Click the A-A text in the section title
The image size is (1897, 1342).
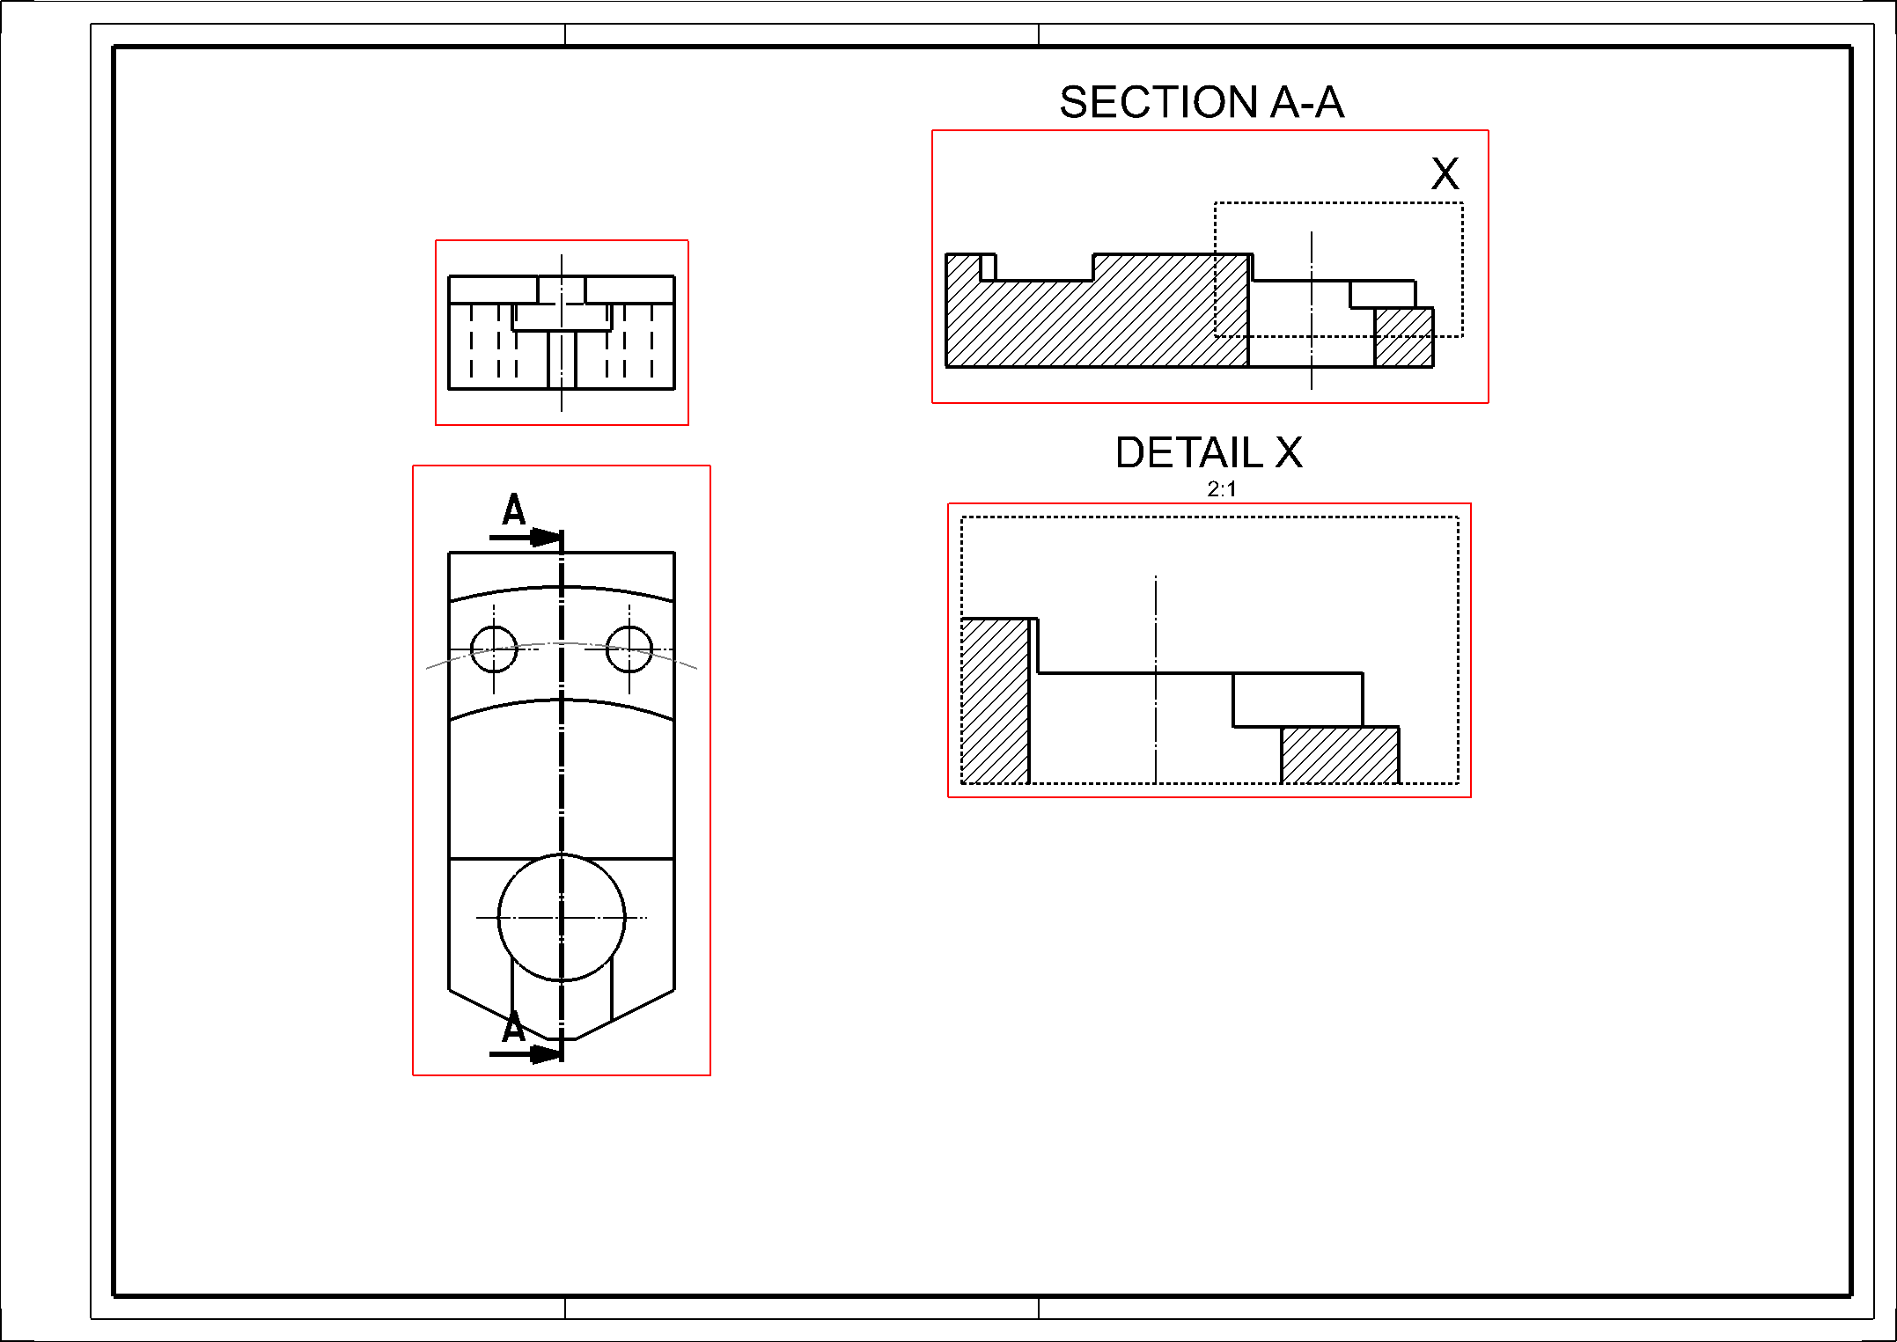pyautogui.click(x=1307, y=102)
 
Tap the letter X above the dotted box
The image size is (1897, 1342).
pyautogui.click(x=1445, y=173)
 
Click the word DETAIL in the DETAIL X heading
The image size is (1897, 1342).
pyautogui.click(x=1188, y=453)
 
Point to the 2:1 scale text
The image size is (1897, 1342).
pyautogui.click(x=1222, y=489)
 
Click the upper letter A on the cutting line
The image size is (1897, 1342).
pyautogui.click(x=513, y=510)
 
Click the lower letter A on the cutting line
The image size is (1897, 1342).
pyautogui.click(x=513, y=1027)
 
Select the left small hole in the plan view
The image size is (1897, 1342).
pyautogui.click(x=494, y=649)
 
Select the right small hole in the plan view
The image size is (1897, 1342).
pyautogui.click(x=629, y=649)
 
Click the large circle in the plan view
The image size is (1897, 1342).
pyautogui.click(x=562, y=918)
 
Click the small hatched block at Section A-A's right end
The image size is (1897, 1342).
pyautogui.click(x=1404, y=337)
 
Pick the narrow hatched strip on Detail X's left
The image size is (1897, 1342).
pyautogui.click(x=996, y=700)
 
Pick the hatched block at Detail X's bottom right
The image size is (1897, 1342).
pyautogui.click(x=1340, y=755)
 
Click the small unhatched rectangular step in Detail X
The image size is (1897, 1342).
pyautogui.click(x=1298, y=700)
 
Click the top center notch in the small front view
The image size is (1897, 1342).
pyautogui.click(x=562, y=290)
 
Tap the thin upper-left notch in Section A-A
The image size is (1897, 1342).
pyautogui.click(x=989, y=267)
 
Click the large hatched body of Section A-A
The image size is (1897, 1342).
pyautogui.click(x=1100, y=321)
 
